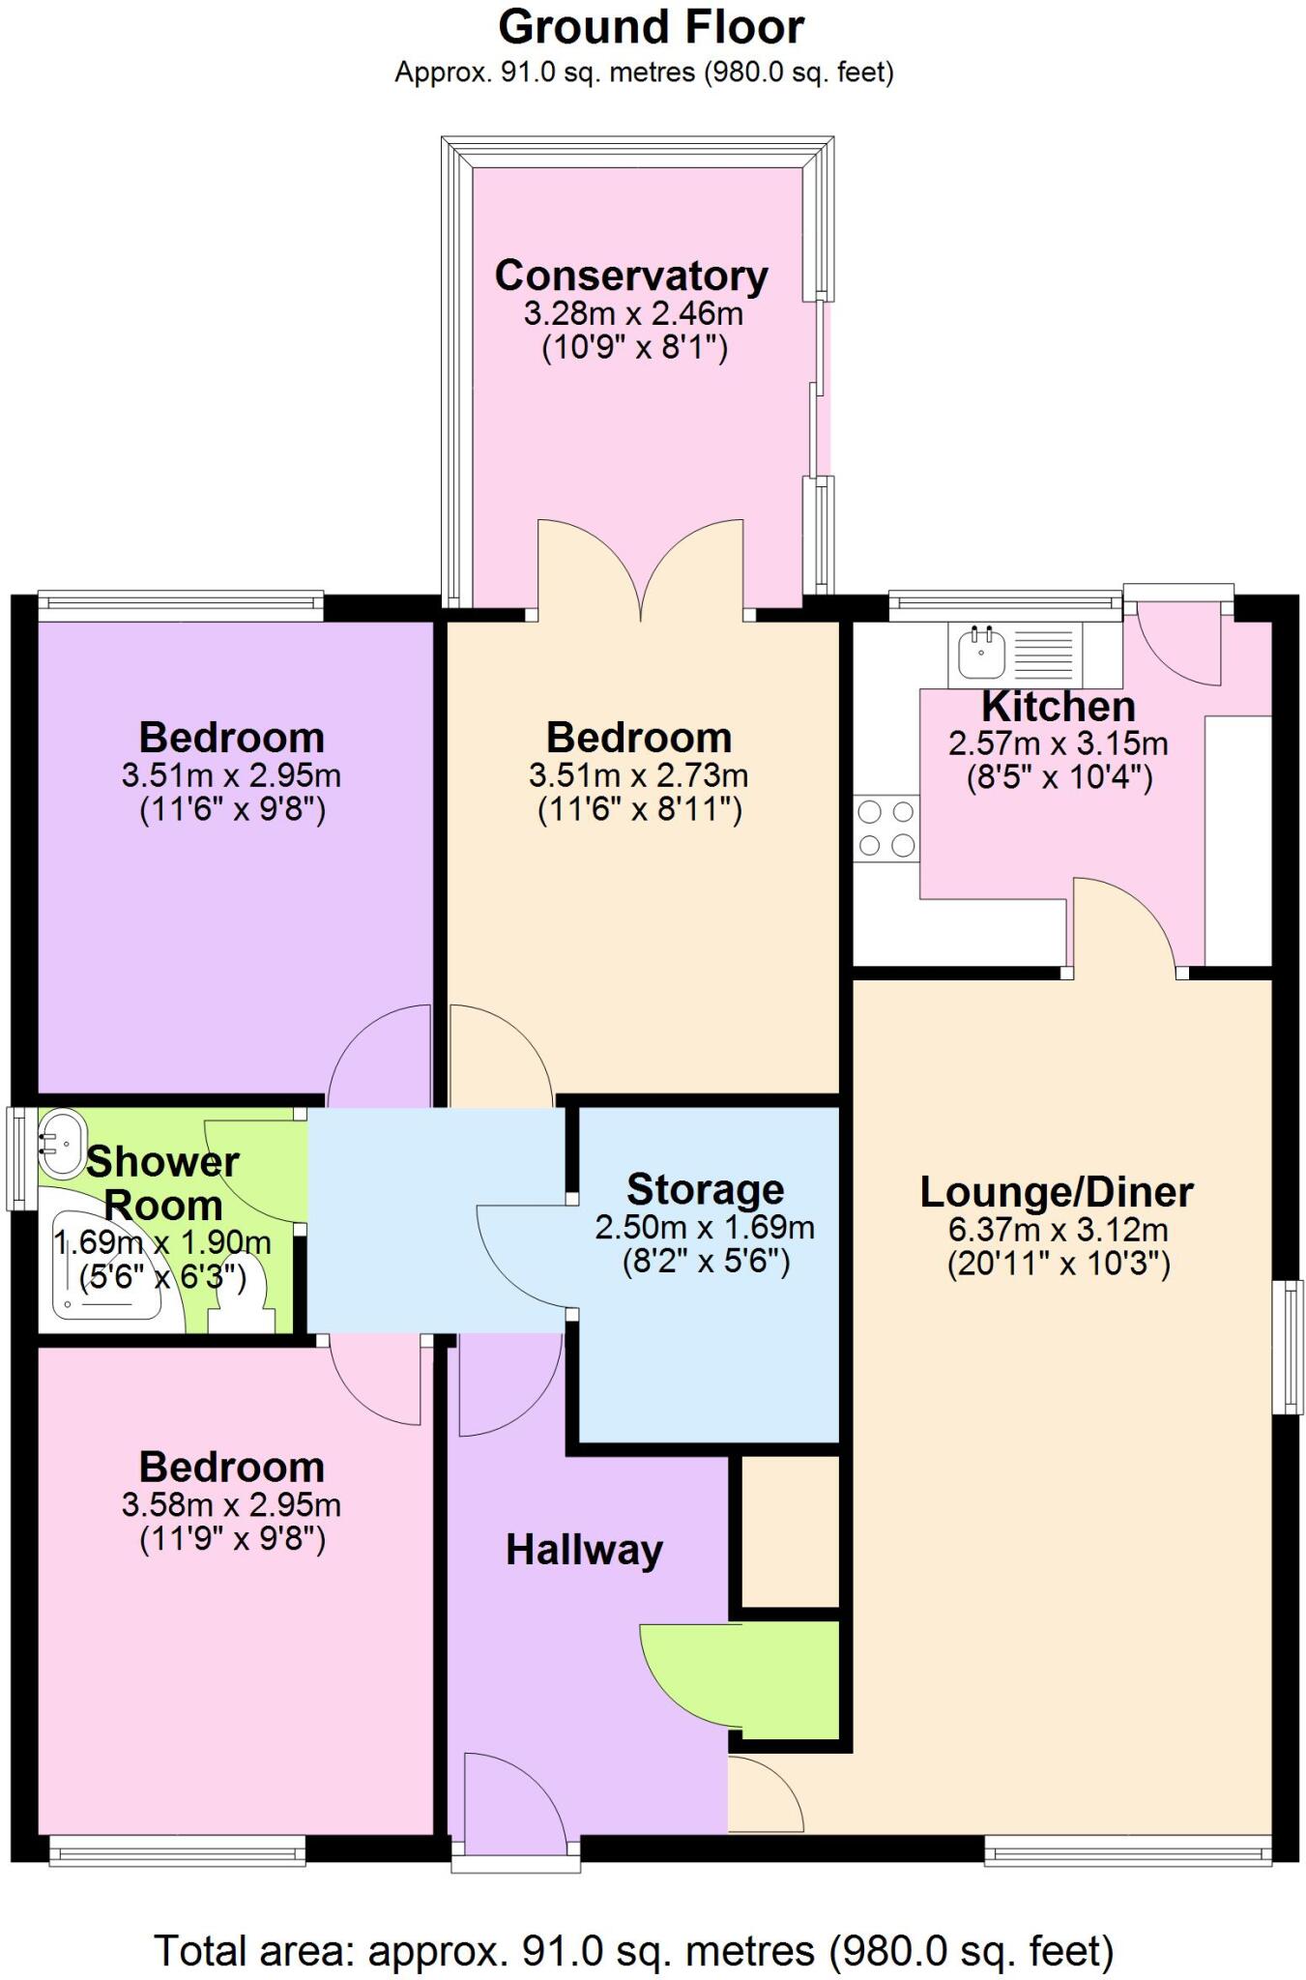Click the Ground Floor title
pos(651,27)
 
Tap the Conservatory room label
pos(631,276)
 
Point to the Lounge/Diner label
pos(1057,1191)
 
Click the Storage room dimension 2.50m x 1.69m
pos(705,1228)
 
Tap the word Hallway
pos(584,1550)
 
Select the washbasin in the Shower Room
pos(62,1144)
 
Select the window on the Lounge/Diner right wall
pos(1287,1346)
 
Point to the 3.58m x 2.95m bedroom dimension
pos(231,1504)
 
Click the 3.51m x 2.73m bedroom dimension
pos(638,775)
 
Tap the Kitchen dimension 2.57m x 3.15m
pos(1058,743)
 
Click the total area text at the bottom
pos(633,1951)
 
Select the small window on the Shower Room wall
pos(16,1158)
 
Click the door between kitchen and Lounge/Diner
pos(1124,923)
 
